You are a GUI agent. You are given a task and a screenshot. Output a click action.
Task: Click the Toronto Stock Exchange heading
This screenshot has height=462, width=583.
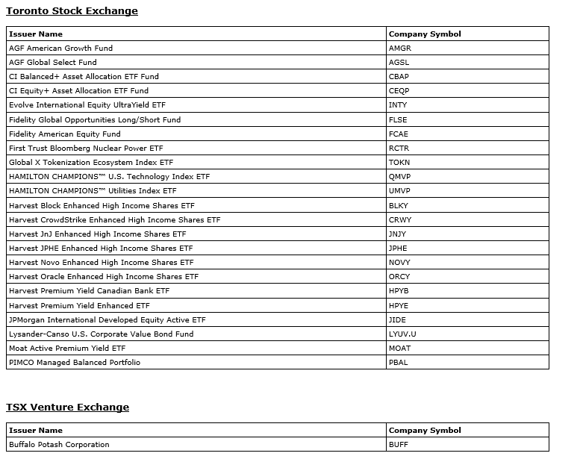(x=72, y=11)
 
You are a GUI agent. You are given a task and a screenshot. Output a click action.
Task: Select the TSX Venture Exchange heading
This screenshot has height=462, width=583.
(x=67, y=408)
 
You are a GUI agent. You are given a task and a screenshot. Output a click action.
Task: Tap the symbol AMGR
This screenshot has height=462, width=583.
(x=400, y=49)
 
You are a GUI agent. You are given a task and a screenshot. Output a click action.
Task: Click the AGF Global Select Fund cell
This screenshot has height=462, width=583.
(x=53, y=63)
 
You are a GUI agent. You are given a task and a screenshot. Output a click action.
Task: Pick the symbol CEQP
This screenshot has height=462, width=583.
(x=399, y=91)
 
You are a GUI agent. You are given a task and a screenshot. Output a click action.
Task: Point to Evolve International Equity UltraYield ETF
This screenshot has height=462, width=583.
(x=87, y=105)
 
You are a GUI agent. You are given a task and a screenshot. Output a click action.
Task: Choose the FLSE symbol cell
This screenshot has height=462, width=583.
(x=399, y=119)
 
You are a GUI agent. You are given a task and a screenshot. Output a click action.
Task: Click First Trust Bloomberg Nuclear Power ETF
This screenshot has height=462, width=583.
(x=86, y=149)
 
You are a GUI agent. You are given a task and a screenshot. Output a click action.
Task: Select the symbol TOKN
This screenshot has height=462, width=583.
(x=399, y=163)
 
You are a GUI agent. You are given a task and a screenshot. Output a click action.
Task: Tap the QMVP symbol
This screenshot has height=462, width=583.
(x=400, y=177)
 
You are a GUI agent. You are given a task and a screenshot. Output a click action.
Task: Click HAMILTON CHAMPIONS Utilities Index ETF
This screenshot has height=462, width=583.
(x=93, y=191)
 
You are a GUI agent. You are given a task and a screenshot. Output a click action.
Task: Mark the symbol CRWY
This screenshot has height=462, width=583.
(x=400, y=220)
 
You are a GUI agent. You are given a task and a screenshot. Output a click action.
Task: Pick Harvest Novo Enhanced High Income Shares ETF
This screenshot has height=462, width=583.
(x=102, y=263)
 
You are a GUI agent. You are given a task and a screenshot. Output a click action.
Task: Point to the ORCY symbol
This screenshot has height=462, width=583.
(x=399, y=277)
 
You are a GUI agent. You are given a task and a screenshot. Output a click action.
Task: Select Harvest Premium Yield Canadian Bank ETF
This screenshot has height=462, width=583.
(x=90, y=291)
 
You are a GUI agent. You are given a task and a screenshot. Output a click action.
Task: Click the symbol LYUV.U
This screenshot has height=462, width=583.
(x=402, y=334)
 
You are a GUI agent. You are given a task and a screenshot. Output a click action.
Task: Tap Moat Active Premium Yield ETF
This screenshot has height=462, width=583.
(x=67, y=349)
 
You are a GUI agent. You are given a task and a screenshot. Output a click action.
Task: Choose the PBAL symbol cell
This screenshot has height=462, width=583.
(x=399, y=363)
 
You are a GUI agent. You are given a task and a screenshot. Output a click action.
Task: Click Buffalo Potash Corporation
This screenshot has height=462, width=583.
(x=59, y=445)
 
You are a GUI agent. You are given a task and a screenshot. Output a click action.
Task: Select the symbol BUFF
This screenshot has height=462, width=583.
(x=399, y=445)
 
